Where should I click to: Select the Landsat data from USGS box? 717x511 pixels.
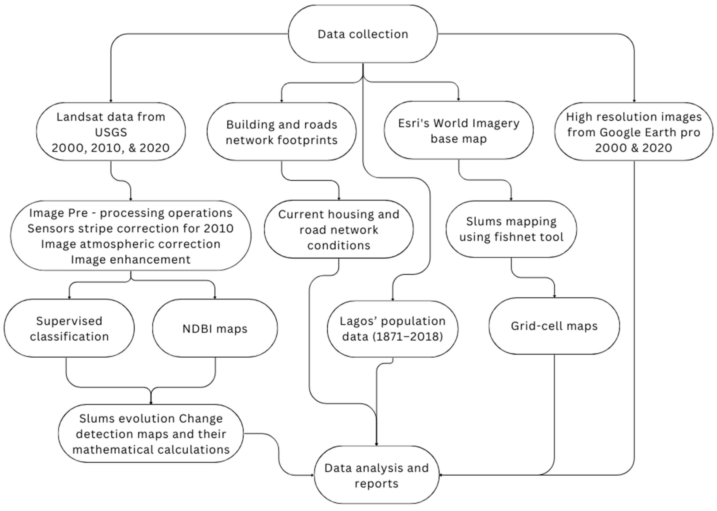pos(111,132)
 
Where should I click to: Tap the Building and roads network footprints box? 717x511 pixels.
pos(281,132)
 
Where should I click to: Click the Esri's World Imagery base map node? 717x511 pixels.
pos(458,131)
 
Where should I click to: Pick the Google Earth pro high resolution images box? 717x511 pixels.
pos(633,132)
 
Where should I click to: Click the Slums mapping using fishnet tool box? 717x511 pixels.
pos(511,229)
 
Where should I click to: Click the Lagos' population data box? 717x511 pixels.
pos(392,329)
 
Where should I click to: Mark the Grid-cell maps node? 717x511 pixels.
pos(554,326)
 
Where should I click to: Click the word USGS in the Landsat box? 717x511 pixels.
pos(111,132)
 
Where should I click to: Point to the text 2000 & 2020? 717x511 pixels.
pos(633,148)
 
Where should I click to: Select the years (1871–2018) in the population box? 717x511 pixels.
pos(408,336)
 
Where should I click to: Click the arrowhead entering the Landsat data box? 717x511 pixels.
pos(111,101)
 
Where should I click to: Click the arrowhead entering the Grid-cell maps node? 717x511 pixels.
pos(554,296)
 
